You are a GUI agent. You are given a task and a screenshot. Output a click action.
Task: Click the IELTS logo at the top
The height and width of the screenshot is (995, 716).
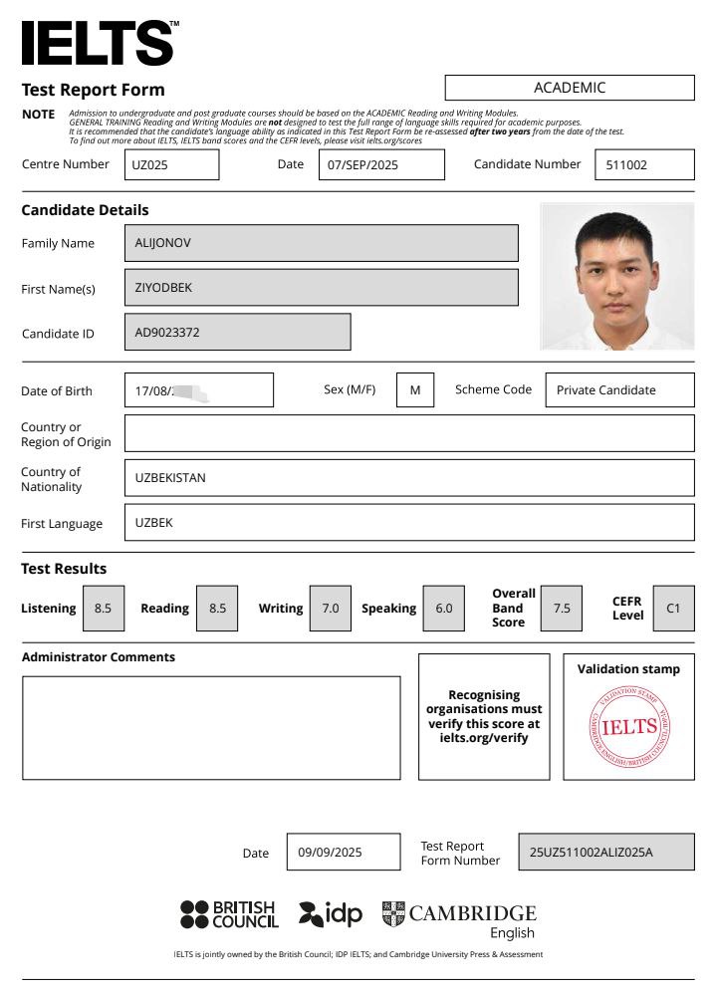pyautogui.click(x=99, y=43)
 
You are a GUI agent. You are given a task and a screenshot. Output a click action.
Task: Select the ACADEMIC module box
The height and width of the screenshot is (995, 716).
pyautogui.click(x=569, y=88)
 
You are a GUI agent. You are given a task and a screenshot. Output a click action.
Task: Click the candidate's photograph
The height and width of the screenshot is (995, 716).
pyautogui.click(x=616, y=276)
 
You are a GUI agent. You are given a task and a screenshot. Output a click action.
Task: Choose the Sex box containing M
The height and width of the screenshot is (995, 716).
pyautogui.click(x=415, y=389)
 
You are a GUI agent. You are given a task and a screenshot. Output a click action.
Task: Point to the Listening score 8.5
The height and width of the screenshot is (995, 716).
pyautogui.click(x=104, y=608)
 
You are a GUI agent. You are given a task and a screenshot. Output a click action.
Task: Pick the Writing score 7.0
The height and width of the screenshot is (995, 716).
pyautogui.click(x=330, y=608)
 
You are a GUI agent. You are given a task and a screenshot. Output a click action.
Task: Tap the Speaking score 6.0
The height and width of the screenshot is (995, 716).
pyautogui.click(x=443, y=608)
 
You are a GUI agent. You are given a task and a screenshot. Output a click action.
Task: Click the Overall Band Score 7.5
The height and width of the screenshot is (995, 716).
pyautogui.click(x=562, y=608)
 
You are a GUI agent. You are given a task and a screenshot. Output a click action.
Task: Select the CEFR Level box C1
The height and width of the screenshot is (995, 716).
pyautogui.click(x=673, y=608)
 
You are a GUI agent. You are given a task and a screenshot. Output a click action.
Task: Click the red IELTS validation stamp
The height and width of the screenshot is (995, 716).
pyautogui.click(x=629, y=726)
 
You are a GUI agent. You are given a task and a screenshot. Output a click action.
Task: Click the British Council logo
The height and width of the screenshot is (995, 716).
pyautogui.click(x=229, y=914)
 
